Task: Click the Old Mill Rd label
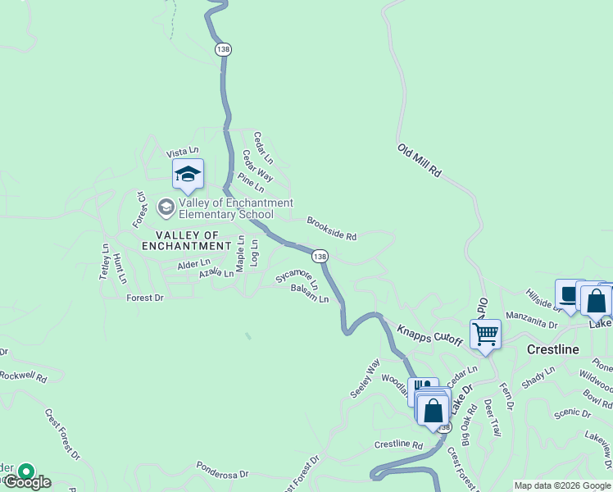pos(420,162)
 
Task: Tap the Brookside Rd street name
pos(331,229)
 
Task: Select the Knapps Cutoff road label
pos(430,335)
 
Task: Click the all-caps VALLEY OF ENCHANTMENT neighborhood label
pos(187,245)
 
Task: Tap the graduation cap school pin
pos(188,175)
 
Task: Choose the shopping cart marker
pos(485,334)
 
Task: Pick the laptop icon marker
pos(569,294)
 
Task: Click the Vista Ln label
pos(183,152)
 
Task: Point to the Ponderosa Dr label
pos(221,469)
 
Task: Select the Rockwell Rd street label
pos(23,376)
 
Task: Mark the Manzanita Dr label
pos(531,319)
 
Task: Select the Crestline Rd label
pos(397,444)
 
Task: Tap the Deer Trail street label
pos(492,418)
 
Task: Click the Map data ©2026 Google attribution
pos(562,485)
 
